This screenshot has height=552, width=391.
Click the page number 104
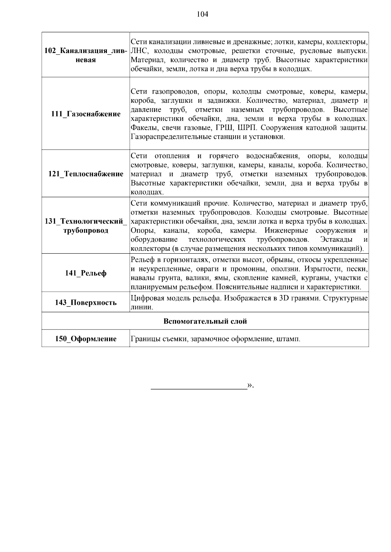[x=202, y=14]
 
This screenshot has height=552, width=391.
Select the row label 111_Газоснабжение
[x=86, y=114]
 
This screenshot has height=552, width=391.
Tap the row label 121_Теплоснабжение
[x=86, y=174]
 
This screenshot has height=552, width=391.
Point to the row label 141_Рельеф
[x=86, y=273]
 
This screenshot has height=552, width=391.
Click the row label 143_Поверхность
[x=86, y=303]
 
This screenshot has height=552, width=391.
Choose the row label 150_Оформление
[x=86, y=339]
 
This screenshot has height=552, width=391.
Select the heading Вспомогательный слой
[x=205, y=321]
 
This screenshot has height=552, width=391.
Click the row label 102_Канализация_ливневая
[x=86, y=55]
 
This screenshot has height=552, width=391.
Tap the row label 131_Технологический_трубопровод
[x=86, y=226]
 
